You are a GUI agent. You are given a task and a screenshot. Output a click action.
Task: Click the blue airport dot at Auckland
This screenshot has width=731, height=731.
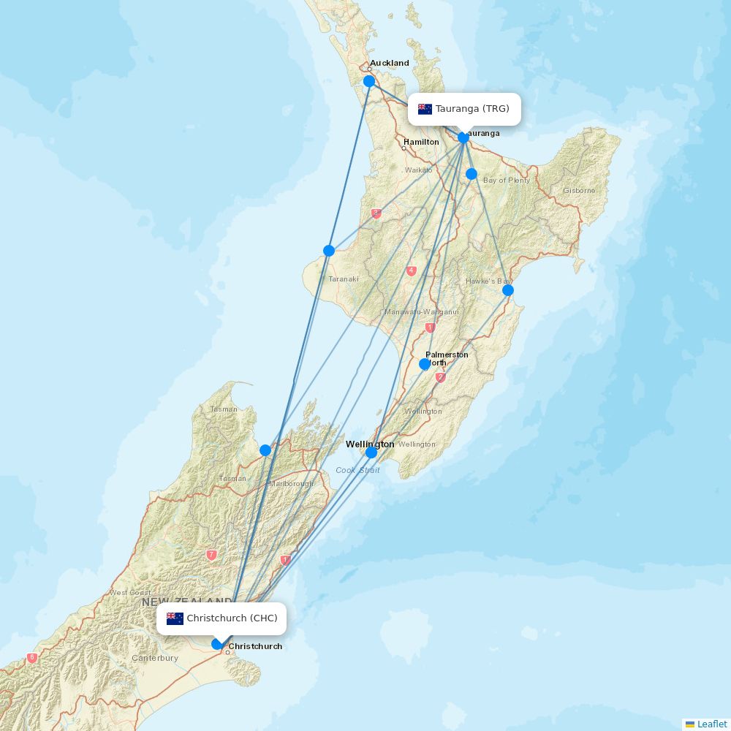[x=369, y=81]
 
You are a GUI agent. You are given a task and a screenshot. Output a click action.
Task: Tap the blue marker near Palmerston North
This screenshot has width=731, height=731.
[x=425, y=364]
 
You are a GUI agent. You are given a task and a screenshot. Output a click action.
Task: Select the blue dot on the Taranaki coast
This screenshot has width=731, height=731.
[x=329, y=251]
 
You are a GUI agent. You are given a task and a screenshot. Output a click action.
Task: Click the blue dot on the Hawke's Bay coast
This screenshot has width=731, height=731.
[x=508, y=290]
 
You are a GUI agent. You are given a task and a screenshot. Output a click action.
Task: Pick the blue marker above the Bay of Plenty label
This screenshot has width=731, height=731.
[x=471, y=174]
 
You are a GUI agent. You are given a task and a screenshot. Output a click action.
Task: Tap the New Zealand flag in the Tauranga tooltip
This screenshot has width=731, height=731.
[x=425, y=109]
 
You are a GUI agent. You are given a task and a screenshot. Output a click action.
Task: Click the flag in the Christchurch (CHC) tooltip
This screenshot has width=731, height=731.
[x=175, y=618]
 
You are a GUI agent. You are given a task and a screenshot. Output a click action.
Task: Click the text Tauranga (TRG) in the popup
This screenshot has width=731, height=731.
[x=472, y=109]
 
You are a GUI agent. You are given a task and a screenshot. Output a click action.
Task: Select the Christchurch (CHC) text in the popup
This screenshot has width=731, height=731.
[x=232, y=618]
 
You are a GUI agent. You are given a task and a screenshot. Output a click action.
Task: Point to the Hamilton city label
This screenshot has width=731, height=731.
[x=421, y=142]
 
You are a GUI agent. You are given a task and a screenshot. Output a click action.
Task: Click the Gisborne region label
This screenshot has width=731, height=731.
[x=579, y=191]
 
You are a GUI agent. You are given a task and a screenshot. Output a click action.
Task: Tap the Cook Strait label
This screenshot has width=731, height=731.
[x=357, y=470]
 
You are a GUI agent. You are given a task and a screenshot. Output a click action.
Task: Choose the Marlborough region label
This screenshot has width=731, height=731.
[x=291, y=483]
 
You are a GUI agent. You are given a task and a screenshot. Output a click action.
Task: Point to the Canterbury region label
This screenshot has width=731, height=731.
[x=155, y=658]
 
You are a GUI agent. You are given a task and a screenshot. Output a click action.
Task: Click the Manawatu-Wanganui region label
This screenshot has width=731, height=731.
[x=422, y=312]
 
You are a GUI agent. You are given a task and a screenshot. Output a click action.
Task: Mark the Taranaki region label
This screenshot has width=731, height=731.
[x=344, y=279]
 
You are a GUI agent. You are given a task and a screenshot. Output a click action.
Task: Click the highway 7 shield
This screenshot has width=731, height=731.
[x=211, y=555]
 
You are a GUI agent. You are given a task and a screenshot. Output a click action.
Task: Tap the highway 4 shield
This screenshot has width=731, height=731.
[x=412, y=270]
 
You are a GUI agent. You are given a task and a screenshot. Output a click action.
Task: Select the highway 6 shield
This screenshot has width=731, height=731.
[x=31, y=658]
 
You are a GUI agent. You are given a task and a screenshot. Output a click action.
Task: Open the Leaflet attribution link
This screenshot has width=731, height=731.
[x=711, y=724]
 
